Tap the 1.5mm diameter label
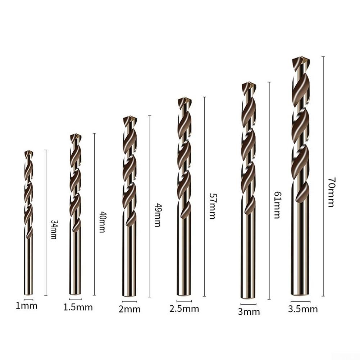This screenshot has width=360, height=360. (78, 307)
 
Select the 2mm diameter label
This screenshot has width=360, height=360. (129, 309)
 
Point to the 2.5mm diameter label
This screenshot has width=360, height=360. (184, 309)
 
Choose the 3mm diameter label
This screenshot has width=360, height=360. (249, 311)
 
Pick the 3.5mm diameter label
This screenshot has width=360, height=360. (303, 309)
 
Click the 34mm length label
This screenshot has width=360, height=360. (54, 229)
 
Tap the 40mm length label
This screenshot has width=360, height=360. (102, 222)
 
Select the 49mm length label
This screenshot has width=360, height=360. (158, 215)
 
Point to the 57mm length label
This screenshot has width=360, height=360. (212, 206)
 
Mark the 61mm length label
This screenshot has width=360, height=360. (277, 205)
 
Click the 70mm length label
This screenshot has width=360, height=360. (331, 192)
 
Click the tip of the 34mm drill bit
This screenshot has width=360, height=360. (29, 152)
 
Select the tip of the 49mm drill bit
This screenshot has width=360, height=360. (130, 118)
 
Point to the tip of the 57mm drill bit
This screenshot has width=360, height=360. (184, 99)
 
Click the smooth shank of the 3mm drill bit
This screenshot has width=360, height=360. (248, 259)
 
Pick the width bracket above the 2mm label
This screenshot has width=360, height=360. (129, 301)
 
